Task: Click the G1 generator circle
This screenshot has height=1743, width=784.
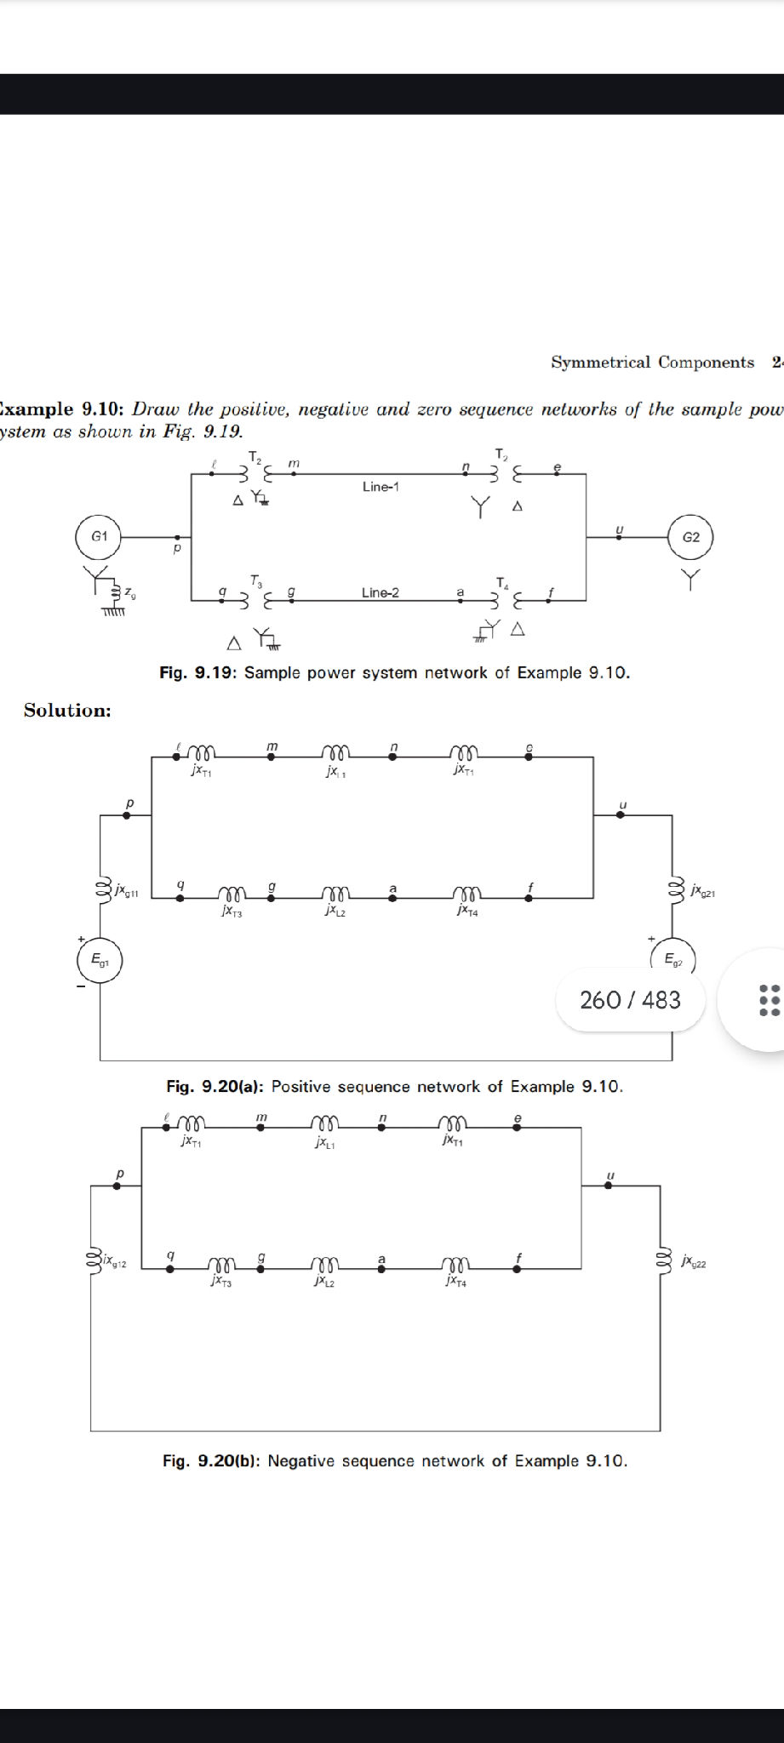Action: (100, 536)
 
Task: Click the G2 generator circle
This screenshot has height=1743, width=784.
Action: (690, 537)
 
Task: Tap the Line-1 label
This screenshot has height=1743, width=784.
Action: (381, 487)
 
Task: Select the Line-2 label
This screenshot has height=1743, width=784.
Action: (380, 592)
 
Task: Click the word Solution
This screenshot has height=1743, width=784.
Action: (67, 711)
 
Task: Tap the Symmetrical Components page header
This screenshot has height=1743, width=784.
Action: (652, 363)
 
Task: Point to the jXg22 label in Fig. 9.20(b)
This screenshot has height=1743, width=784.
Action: (694, 1261)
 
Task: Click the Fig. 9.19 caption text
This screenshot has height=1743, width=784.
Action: (394, 673)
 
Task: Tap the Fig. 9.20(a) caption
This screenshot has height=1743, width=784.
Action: (394, 1087)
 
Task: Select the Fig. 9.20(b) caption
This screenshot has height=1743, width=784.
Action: (394, 1461)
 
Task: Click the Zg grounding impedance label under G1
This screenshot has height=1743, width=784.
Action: (129, 591)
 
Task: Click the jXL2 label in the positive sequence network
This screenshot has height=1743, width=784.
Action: (335, 912)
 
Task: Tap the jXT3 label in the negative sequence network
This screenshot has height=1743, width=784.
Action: (220, 1282)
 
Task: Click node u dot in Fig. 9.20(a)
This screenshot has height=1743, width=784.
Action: (620, 814)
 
